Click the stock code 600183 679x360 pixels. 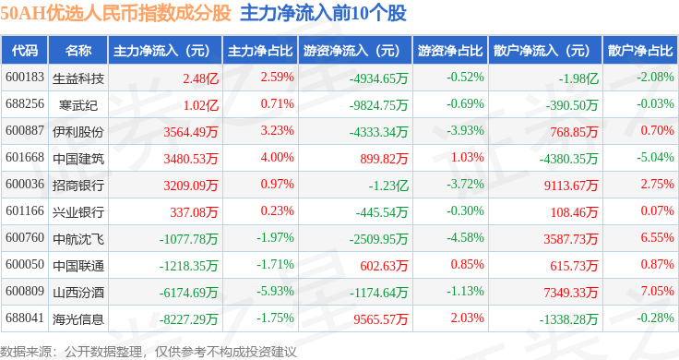pyautogui.click(x=25, y=78)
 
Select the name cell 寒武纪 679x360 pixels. pyautogui.click(x=78, y=105)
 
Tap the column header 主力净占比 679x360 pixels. pyautogui.click(x=260, y=51)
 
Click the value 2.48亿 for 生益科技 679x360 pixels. pyautogui.click(x=200, y=78)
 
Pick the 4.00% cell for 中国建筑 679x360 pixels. pyautogui.click(x=277, y=157)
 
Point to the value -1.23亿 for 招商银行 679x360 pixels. pyautogui.click(x=388, y=186)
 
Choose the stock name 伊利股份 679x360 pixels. pyautogui.click(x=78, y=132)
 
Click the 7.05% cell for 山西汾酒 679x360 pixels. pyautogui.click(x=658, y=291)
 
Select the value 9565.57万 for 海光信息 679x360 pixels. pyautogui.click(x=381, y=319)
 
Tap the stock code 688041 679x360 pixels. pyautogui.click(x=25, y=318)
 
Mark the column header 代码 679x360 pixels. pyautogui.click(x=25, y=51)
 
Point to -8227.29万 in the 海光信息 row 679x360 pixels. pyautogui.click(x=188, y=319)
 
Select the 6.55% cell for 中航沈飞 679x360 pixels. pyautogui.click(x=658, y=237)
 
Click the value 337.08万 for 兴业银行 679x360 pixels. pyautogui.click(x=194, y=212)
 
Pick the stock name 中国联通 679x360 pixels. pyautogui.click(x=78, y=266)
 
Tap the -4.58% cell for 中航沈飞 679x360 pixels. pyautogui.click(x=466, y=237)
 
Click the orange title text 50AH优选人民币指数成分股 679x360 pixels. pyautogui.click(x=115, y=13)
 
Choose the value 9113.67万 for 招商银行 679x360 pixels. pyautogui.click(x=571, y=186)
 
